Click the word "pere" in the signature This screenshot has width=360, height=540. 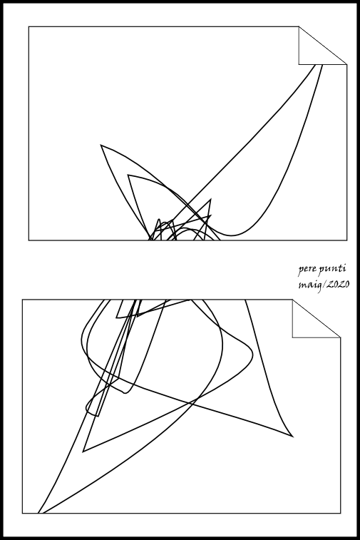[305, 270]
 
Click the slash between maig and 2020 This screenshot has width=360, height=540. [324, 285]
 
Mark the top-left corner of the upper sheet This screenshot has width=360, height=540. [29, 26]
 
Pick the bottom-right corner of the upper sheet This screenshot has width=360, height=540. [347, 240]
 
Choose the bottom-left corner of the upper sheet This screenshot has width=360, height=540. [29, 240]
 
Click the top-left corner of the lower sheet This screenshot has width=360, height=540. [23, 300]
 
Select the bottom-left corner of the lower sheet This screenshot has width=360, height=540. [23, 513]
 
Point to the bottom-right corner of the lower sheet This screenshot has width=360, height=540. [341, 513]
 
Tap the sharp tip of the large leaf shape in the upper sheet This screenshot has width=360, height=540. [101, 145]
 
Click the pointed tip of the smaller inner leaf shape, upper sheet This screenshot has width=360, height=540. [128, 175]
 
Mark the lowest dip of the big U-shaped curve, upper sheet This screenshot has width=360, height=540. [231, 236]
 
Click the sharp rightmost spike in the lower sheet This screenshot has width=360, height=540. [293, 437]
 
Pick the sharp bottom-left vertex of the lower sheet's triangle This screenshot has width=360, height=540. [83, 451]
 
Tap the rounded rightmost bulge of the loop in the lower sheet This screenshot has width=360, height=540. [252, 355]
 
